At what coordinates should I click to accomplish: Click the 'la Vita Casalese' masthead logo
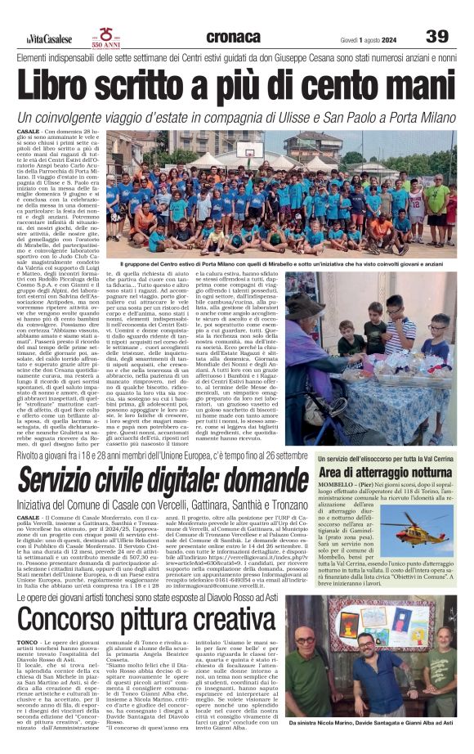[49, 38]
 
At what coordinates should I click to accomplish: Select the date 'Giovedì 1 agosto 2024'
[369, 38]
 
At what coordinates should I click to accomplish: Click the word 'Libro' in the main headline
[68, 85]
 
